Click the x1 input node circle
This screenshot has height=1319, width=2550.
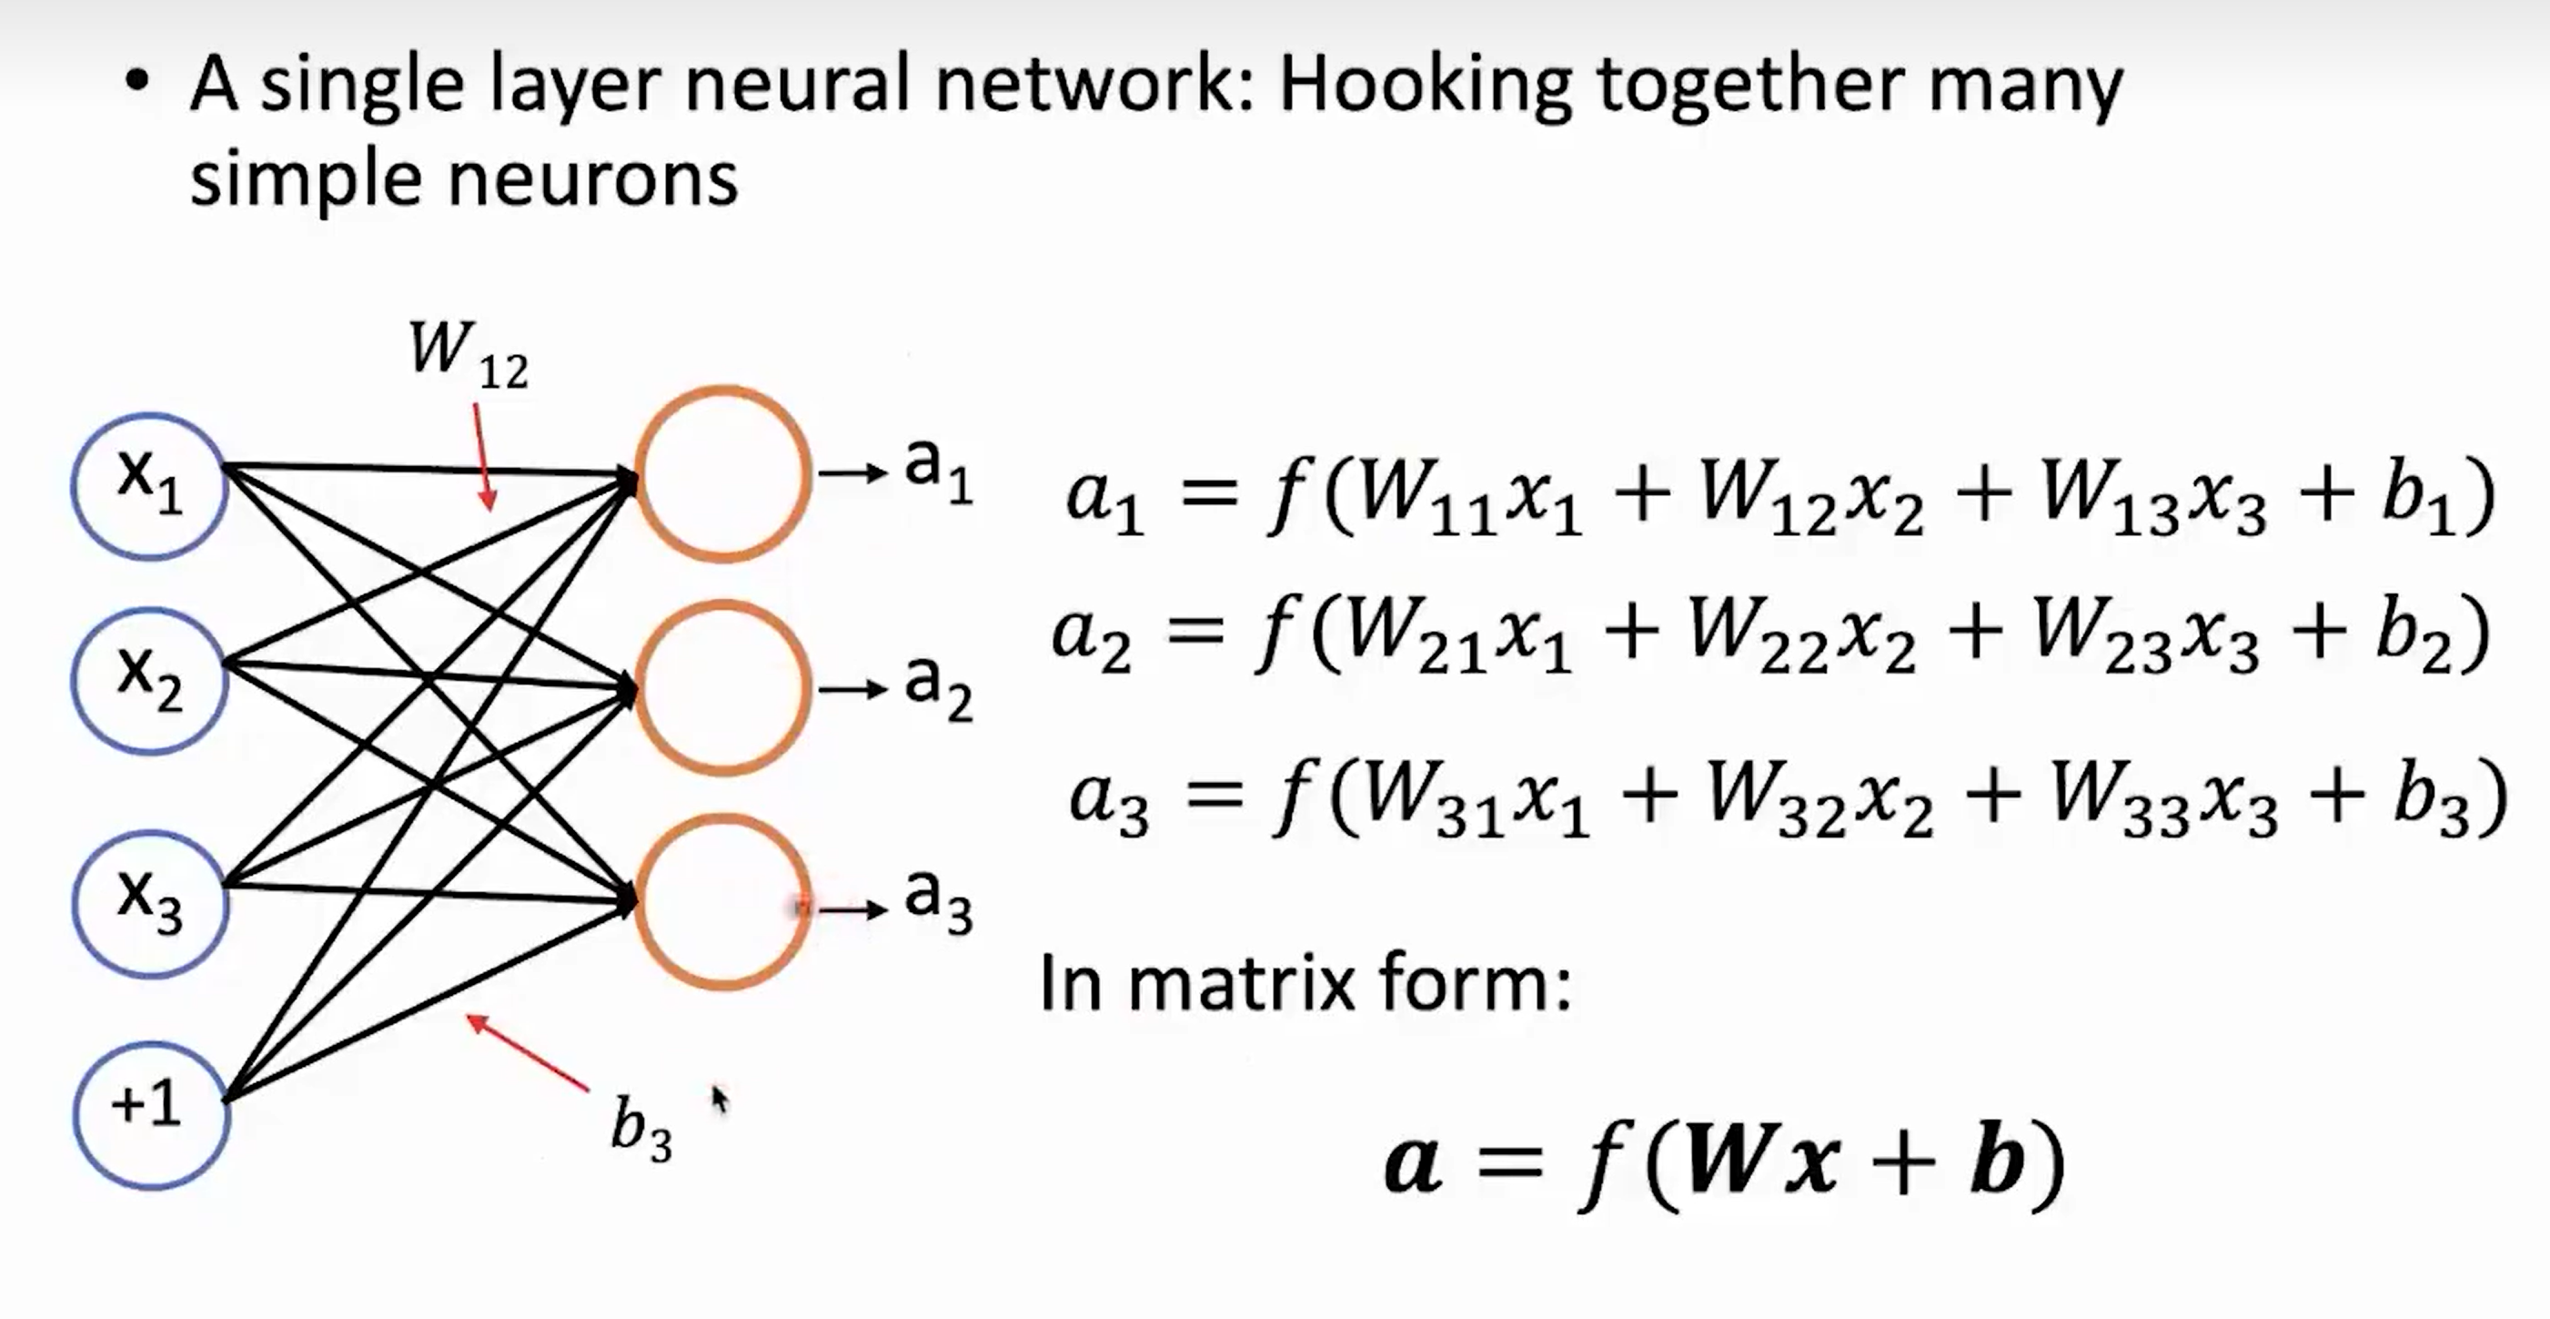(x=149, y=485)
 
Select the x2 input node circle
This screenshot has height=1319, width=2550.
(x=149, y=680)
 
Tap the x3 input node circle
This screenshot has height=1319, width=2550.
(x=149, y=902)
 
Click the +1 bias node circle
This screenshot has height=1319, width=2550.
(x=150, y=1115)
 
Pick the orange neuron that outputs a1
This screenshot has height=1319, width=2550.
(x=723, y=473)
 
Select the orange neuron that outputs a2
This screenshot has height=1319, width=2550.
(x=723, y=687)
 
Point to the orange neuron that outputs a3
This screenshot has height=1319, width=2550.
(x=723, y=902)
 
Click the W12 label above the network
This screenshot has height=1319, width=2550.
(x=468, y=354)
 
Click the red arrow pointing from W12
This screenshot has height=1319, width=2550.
(x=483, y=455)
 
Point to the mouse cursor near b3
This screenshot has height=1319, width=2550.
(x=719, y=1098)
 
